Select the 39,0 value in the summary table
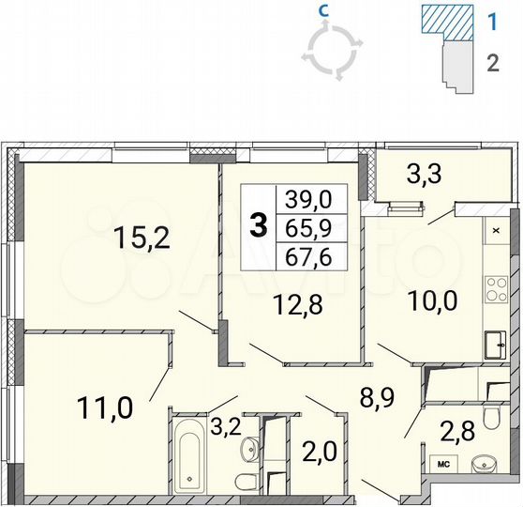pyautogui.click(x=309, y=199)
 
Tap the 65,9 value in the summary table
pyautogui.click(x=309, y=226)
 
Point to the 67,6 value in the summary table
pyautogui.click(x=309, y=254)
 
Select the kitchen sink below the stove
pyautogui.click(x=494, y=344)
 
